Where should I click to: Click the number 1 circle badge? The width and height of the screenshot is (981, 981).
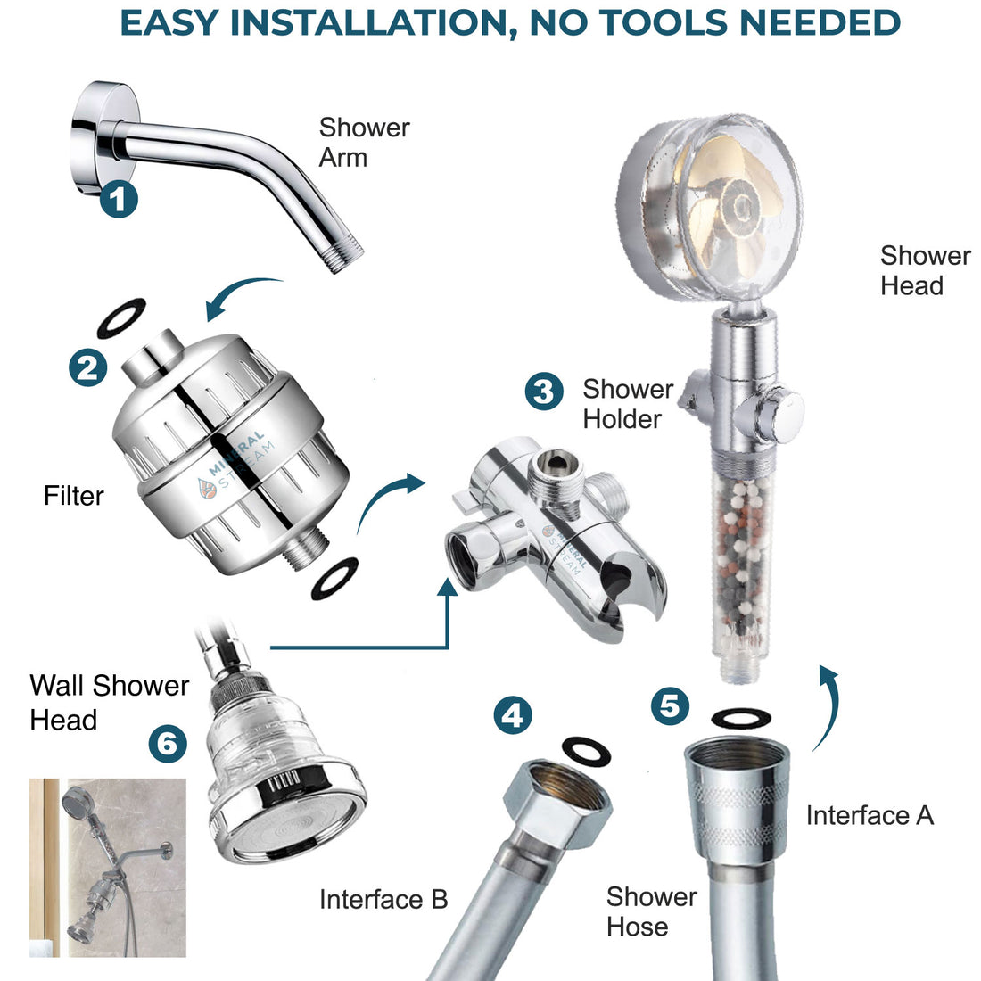click(x=119, y=198)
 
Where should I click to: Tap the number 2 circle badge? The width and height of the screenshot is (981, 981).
click(x=89, y=367)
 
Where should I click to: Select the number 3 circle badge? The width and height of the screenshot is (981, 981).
click(x=543, y=392)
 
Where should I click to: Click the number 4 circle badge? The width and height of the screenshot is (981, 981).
click(x=514, y=715)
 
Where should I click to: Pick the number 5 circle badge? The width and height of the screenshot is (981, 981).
click(x=671, y=706)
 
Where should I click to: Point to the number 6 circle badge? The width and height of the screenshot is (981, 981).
click(x=168, y=741)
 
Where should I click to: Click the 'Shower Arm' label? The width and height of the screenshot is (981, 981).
click(x=364, y=143)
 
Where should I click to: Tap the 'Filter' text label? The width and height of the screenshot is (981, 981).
click(x=74, y=496)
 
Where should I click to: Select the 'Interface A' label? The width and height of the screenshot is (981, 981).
click(x=870, y=815)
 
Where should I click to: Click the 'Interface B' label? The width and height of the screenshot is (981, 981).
click(x=383, y=899)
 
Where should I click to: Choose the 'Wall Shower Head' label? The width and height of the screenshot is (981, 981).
click(x=109, y=702)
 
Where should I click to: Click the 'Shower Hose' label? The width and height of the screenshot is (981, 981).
click(x=651, y=911)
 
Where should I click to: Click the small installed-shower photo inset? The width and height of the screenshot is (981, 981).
click(x=108, y=867)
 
